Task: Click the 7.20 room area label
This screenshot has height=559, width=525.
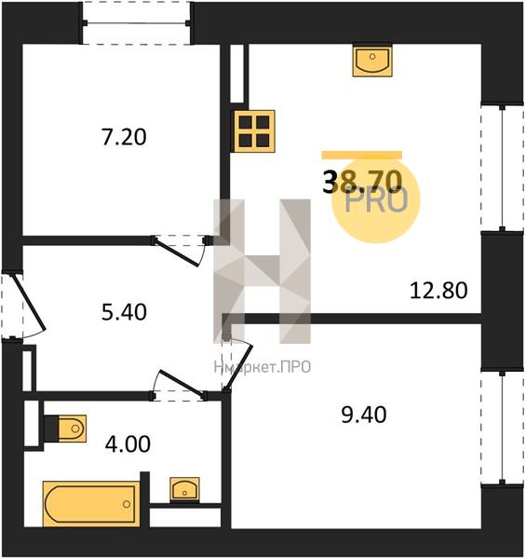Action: click(124, 137)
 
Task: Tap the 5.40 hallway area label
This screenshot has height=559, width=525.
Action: click(124, 312)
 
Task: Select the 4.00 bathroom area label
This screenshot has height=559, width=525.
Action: click(128, 444)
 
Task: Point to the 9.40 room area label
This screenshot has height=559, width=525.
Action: click(364, 416)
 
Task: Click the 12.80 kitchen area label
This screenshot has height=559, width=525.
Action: click(438, 291)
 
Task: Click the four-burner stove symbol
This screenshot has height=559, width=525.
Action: click(254, 131)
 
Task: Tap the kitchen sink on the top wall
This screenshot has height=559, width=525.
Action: click(372, 61)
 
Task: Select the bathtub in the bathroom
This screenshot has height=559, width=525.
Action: click(91, 504)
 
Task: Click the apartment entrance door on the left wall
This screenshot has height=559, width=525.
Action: click(23, 307)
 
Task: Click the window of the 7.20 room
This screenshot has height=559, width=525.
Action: click(136, 23)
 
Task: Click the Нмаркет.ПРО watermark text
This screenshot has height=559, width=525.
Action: click(262, 367)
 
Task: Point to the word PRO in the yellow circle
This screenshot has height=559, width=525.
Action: click(376, 201)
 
